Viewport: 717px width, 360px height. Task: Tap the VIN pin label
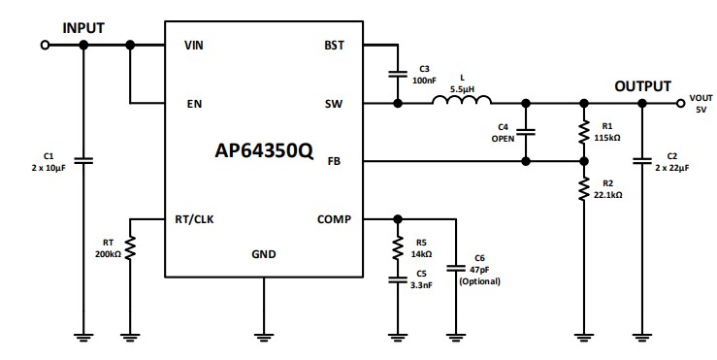(193, 45)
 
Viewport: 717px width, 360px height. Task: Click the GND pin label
(263, 254)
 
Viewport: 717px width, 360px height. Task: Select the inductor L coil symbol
(462, 100)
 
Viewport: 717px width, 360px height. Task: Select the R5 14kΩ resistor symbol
(397, 248)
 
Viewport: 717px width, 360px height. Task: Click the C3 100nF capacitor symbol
(397, 73)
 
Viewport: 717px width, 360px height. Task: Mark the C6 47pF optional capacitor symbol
(454, 267)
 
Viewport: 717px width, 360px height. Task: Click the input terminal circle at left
(44, 45)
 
